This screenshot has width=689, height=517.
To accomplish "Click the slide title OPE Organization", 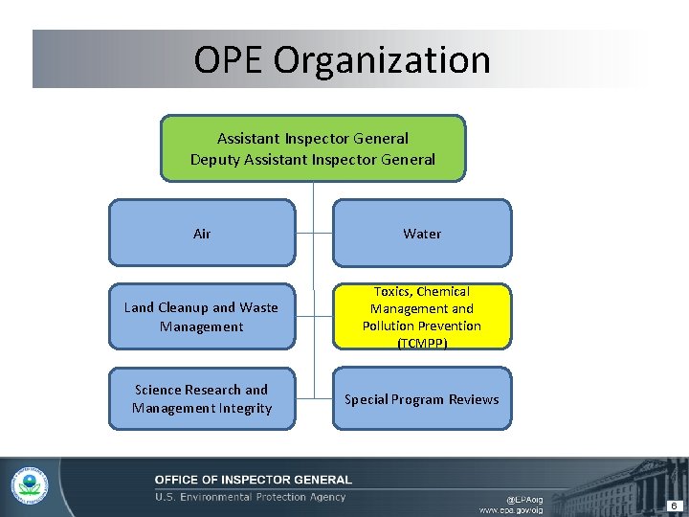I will pos(342,59).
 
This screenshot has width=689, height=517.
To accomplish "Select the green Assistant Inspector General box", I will pos(313,148).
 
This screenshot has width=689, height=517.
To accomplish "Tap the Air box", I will pos(202,233).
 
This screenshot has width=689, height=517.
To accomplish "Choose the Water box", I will pos(422,233).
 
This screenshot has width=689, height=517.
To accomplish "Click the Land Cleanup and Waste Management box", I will pos(202,317).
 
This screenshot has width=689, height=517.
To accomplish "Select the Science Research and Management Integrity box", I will pos(202,398).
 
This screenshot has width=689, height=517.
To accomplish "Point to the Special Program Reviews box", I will pos(422,399).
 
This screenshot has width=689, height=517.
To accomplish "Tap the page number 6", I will pos(674,506).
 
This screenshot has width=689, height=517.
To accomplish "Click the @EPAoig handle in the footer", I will pos(524,499).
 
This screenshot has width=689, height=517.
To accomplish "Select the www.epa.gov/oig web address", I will pos(511,510).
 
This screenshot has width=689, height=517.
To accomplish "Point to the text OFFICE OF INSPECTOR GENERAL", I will pos(254,480).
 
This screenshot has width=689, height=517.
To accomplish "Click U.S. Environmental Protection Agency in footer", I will pos(251,497).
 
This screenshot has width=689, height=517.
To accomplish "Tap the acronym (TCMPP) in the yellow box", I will pos(422,343).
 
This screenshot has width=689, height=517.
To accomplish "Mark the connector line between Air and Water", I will pos(313,233).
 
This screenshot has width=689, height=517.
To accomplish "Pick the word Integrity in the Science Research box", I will pos(243,409).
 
